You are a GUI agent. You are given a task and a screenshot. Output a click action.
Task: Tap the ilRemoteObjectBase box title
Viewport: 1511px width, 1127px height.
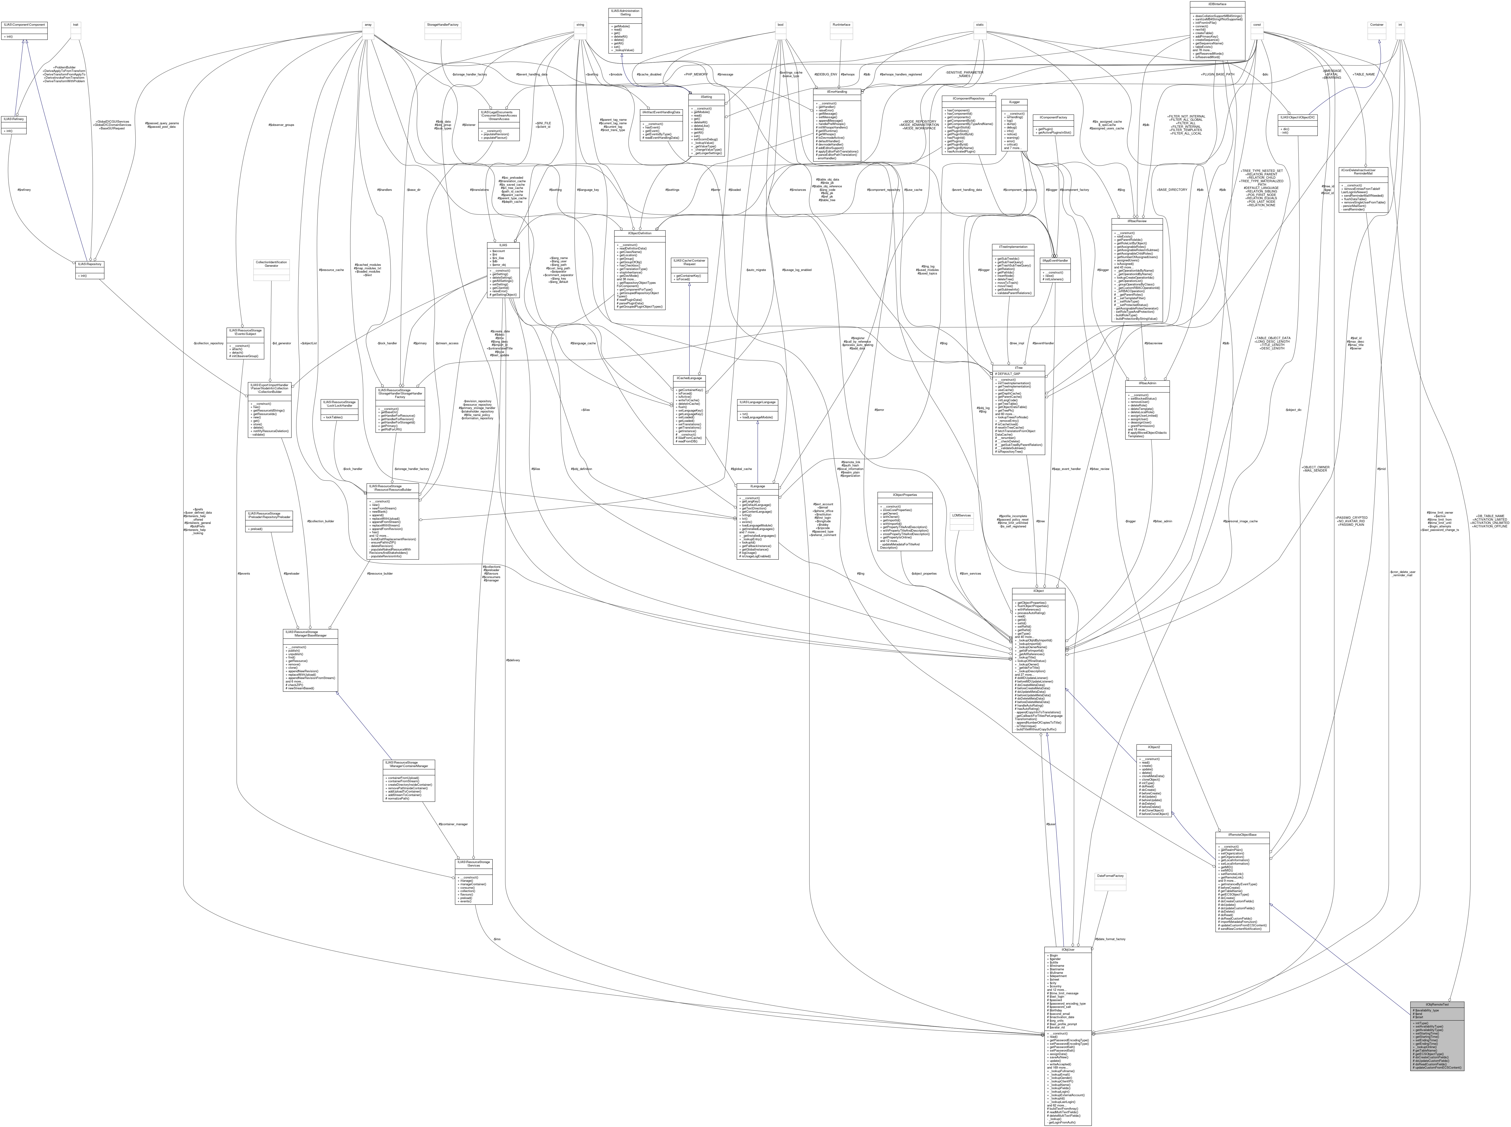[1242, 834]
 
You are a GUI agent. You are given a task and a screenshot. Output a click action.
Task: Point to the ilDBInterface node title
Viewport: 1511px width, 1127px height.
[1217, 4]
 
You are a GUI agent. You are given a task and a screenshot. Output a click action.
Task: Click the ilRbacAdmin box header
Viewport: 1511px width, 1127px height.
[1147, 383]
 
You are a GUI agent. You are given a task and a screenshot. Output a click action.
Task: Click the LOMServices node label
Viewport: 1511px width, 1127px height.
[961, 516]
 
